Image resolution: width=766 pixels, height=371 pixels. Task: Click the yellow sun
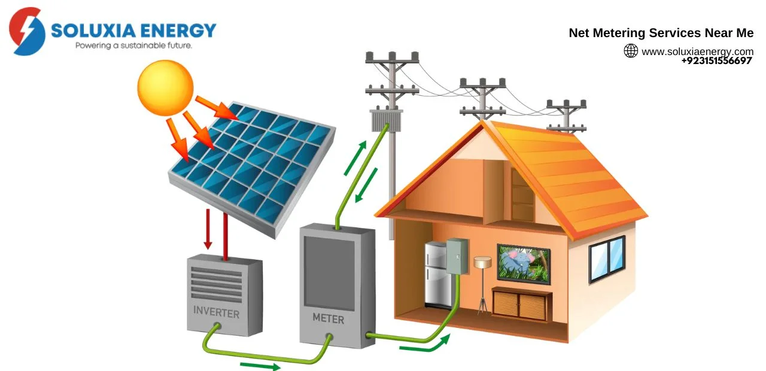point(166,88)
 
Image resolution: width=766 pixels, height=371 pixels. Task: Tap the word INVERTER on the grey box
point(216,312)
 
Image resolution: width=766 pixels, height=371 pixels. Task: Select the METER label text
point(329,318)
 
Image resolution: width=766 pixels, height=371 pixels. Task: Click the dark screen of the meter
point(329,273)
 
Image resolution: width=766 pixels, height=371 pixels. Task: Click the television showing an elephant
point(524,264)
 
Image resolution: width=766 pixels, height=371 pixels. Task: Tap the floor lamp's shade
point(482,262)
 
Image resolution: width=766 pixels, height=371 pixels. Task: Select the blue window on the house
point(607,259)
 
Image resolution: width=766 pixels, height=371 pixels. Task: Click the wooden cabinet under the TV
point(521,305)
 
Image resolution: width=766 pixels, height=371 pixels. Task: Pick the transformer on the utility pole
point(387,120)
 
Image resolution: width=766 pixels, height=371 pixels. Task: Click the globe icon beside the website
point(631,51)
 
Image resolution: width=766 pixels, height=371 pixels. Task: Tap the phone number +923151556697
point(716,61)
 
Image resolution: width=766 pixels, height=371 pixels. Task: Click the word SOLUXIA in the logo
point(93,31)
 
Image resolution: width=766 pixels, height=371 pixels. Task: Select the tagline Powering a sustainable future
point(133,45)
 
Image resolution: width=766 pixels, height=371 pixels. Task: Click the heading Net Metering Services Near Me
point(661,33)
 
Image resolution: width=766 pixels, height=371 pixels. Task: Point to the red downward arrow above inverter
point(208,229)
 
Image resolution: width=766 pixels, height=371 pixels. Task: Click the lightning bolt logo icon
point(27,31)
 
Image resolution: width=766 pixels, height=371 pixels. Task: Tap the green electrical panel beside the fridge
point(457,257)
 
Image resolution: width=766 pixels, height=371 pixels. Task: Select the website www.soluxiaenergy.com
point(698,51)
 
